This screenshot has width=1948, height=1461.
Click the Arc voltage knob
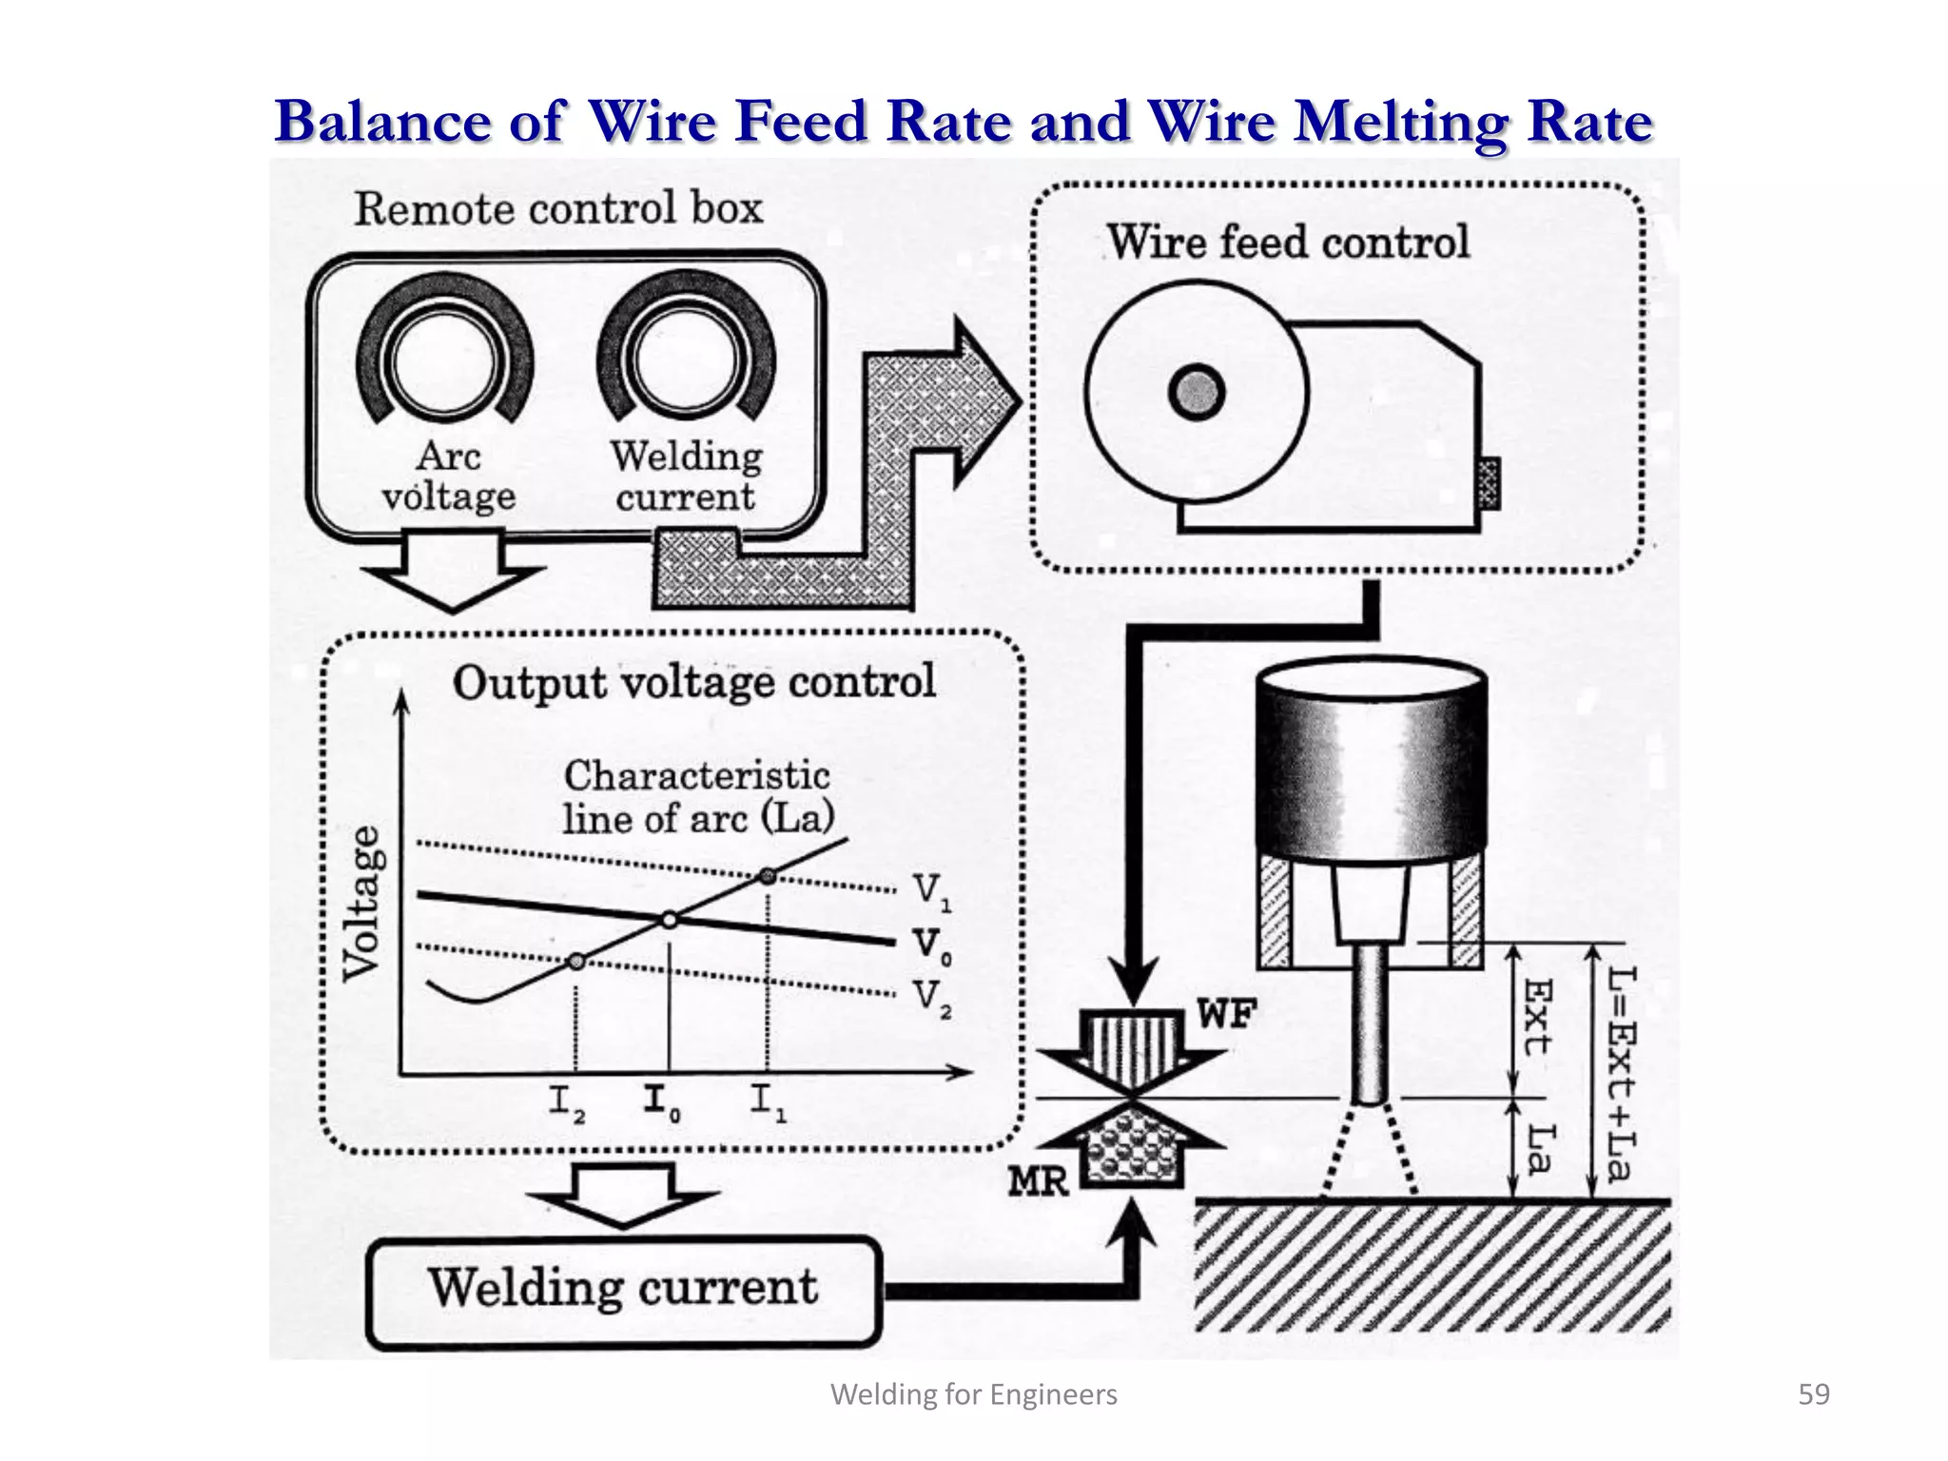(443, 361)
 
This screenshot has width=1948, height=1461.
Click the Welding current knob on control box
(685, 361)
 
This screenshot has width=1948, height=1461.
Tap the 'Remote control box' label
(558, 208)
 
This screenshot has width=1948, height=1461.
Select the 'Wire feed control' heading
(1289, 242)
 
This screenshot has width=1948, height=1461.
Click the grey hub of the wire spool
(1196, 393)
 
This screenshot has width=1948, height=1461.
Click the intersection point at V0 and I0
(670, 920)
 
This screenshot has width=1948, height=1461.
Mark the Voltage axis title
(364, 902)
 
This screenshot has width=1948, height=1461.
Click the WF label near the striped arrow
(1226, 1016)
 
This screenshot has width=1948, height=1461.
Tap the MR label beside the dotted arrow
(1039, 1182)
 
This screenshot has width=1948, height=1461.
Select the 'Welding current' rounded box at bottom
(624, 1291)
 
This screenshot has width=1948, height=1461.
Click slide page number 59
(1813, 1394)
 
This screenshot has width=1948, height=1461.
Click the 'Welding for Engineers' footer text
(974, 1394)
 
